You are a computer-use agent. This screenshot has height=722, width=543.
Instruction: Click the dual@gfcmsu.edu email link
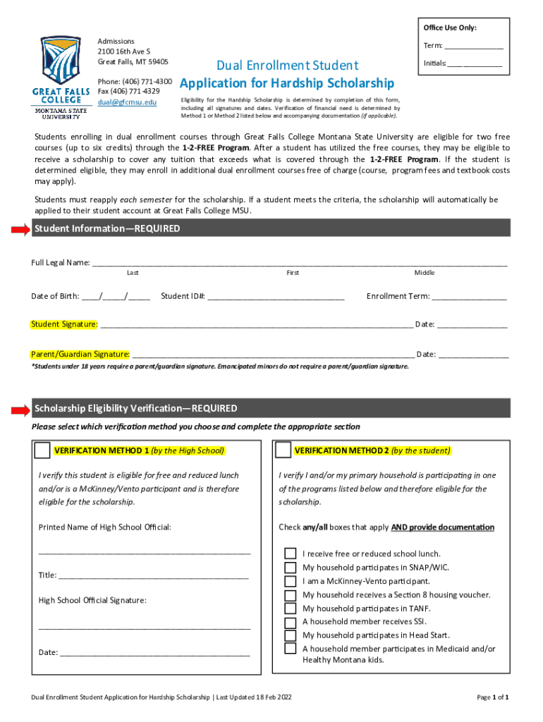point(127,102)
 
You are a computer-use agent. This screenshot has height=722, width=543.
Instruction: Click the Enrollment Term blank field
point(469,296)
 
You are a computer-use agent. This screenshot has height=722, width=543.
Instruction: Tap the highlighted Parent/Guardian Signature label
point(80,354)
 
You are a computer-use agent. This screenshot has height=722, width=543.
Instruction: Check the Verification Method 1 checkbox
point(42,450)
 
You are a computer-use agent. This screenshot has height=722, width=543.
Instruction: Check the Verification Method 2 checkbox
point(283,450)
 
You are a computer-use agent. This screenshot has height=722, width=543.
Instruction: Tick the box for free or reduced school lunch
point(290,553)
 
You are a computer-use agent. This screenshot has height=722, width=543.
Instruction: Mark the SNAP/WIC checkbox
point(290,568)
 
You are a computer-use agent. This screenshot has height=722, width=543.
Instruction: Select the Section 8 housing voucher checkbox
point(290,595)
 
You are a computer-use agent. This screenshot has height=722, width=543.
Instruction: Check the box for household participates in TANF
point(290,608)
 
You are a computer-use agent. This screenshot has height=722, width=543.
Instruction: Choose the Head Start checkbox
point(290,635)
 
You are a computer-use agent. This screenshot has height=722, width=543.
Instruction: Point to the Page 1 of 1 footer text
point(493,697)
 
